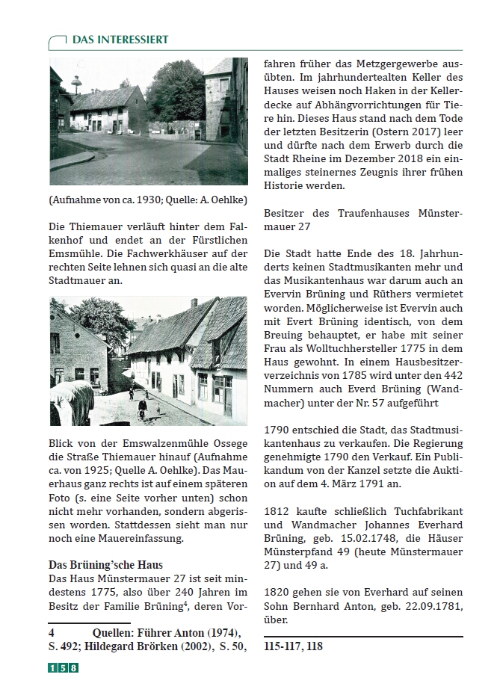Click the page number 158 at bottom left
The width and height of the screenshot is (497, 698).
pos(63,668)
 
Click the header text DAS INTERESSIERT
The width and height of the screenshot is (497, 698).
pos(120,40)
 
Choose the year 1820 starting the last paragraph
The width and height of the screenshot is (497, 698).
pos(277,592)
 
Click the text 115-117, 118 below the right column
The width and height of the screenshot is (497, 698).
pos(293,646)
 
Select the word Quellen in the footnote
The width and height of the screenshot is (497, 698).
pos(115,632)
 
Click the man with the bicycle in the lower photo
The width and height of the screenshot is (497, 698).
pos(142,408)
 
